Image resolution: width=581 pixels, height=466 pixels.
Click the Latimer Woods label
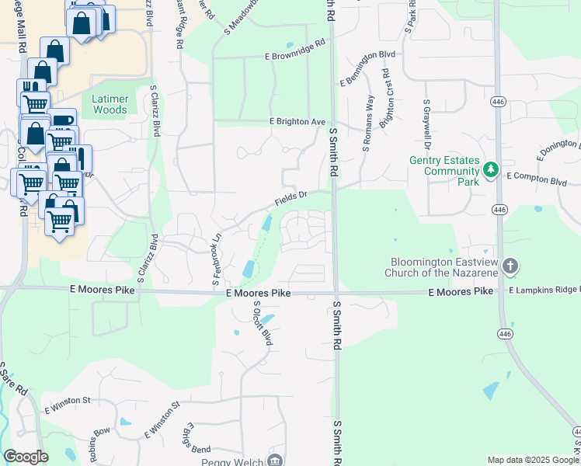pyautogui.click(x=110, y=105)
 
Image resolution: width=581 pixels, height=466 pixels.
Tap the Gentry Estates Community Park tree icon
pyautogui.click(x=490, y=169)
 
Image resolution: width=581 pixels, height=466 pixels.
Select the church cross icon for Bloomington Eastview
pyautogui.click(x=510, y=266)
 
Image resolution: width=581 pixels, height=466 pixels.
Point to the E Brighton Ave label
pyautogui.click(x=297, y=122)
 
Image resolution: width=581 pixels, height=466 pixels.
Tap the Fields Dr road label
pyautogui.click(x=290, y=199)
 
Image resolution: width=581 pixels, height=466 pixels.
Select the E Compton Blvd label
pyautogui.click(x=537, y=178)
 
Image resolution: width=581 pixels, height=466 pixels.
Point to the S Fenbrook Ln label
pyautogui.click(x=217, y=262)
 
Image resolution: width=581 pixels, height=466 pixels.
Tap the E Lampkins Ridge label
pyautogui.click(x=544, y=290)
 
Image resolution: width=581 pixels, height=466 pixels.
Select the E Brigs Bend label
pyautogui.click(x=195, y=445)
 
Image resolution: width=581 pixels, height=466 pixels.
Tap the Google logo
pyautogui.click(x=26, y=457)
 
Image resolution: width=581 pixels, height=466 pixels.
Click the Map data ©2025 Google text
pyautogui.click(x=533, y=460)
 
